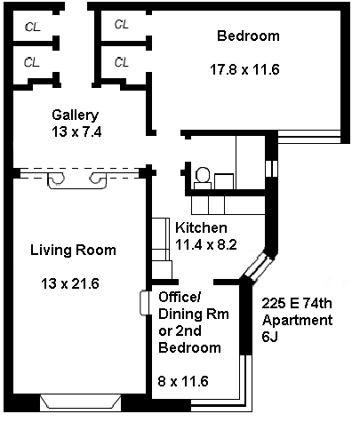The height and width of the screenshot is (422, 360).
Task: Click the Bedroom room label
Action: pos(248,36)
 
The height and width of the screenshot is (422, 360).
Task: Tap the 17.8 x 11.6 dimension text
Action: pos(244,70)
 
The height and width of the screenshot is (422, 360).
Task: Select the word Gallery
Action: pos(76,115)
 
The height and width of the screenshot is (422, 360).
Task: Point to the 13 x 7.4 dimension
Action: pos(76,131)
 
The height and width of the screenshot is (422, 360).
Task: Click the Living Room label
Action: pos(73,251)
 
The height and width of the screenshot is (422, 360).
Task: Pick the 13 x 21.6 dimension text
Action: pos(70,283)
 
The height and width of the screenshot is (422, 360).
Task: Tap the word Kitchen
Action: pos(201,227)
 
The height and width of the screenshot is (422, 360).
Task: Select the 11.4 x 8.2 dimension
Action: pos(206,245)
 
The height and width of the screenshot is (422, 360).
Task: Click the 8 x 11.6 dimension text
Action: pos(183,381)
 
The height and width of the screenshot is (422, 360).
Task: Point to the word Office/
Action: pos(180,297)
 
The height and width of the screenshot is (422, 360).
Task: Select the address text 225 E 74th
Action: pos(297,303)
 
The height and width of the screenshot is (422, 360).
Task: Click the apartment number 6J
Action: pos(269,337)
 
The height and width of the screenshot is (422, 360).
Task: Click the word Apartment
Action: pos(298,321)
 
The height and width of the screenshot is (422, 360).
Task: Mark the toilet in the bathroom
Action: pos(203,178)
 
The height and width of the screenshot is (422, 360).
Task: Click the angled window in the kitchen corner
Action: pos(259,267)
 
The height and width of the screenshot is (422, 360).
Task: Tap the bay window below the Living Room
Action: pos(81,402)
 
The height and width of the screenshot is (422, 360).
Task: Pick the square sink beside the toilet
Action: pos(224,181)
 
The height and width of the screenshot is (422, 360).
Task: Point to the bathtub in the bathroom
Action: pos(251,163)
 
